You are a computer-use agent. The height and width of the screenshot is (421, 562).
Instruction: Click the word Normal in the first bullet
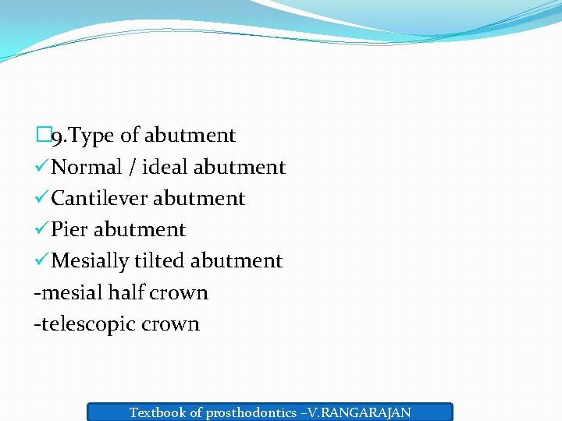[87, 167]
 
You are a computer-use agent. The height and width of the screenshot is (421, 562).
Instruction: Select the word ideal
[165, 167]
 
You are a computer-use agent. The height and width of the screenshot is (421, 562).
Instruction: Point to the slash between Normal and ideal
[133, 167]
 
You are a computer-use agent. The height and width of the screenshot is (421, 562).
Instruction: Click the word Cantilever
[99, 198]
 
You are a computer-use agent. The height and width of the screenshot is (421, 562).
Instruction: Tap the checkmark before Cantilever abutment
[41, 198]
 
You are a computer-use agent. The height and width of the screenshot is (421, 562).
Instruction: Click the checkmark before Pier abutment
[41, 229]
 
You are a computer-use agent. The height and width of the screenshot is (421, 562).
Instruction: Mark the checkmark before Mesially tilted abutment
[41, 260]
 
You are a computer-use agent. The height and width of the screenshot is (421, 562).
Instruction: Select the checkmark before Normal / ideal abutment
[41, 167]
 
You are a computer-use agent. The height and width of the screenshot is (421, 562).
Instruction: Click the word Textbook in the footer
[156, 412]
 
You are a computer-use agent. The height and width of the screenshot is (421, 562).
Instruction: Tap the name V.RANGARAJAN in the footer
[364, 412]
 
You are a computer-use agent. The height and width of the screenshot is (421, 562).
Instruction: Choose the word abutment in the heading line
[189, 136]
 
